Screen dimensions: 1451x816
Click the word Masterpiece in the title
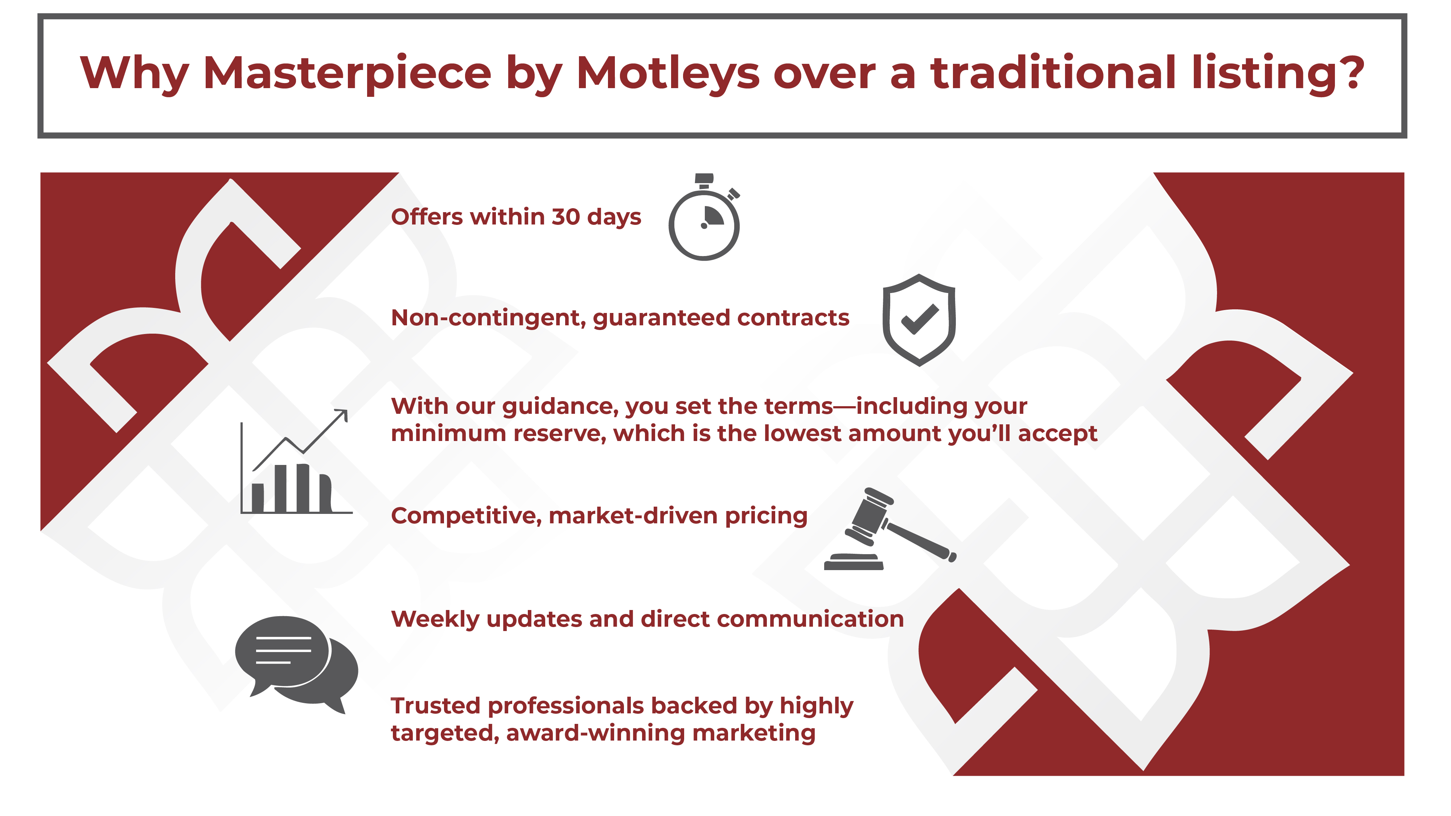[347, 73]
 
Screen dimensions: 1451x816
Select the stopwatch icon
[704, 217]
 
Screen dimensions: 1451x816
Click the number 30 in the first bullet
[566, 217]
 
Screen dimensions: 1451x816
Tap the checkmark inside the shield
[920, 319]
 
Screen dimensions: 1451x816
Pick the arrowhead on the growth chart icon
[341, 415]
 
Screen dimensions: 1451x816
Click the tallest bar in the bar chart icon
[303, 488]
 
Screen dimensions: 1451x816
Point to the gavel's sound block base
[853, 562]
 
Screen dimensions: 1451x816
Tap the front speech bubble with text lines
[283, 653]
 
